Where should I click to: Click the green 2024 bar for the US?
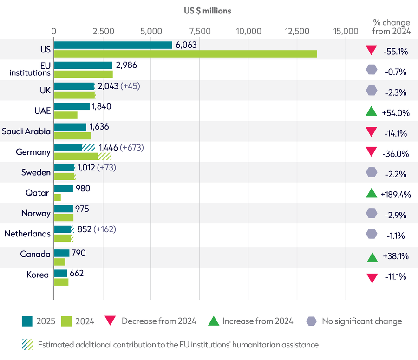pyautogui.click(x=185, y=54)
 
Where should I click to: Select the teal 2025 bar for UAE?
pyautogui.click(x=72, y=106)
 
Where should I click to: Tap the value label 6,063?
pyautogui.click(x=186, y=45)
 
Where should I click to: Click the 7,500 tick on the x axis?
pyautogui.click(x=200, y=31)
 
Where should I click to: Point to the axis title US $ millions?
pyautogui.click(x=208, y=11)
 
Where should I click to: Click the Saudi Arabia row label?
pyautogui.click(x=26, y=131)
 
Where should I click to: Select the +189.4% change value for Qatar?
pyautogui.click(x=396, y=195)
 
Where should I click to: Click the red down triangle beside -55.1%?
pyautogui.click(x=371, y=50)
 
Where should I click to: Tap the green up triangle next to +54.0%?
pyautogui.click(x=371, y=111)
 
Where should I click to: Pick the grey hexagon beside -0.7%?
pyautogui.click(x=372, y=70)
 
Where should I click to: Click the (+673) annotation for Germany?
pyautogui.click(x=132, y=147)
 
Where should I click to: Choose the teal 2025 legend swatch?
pyautogui.click(x=27, y=321)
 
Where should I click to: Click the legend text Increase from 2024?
pyautogui.click(x=258, y=321)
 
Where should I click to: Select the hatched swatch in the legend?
pyautogui.click(x=27, y=345)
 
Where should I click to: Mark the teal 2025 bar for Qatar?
pyautogui.click(x=64, y=189)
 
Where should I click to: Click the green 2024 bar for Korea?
pyautogui.click(x=61, y=282)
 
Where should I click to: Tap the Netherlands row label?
pyautogui.click(x=27, y=234)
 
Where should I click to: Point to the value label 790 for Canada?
pyautogui.click(x=78, y=253)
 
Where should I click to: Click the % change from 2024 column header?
pyautogui.click(x=392, y=26)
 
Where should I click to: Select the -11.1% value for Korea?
pyautogui.click(x=396, y=277)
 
